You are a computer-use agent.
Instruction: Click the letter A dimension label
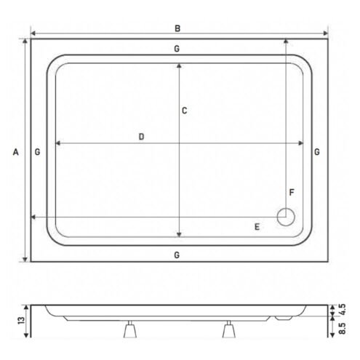point(16,152)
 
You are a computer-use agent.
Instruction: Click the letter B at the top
point(177,28)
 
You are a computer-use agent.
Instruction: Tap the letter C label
point(184,111)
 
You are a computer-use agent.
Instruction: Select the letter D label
point(141,137)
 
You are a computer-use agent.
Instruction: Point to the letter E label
point(257,227)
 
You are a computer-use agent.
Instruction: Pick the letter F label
point(292,193)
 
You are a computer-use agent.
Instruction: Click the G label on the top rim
point(177,49)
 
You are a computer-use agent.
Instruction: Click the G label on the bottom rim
point(177,255)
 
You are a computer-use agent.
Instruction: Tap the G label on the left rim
point(37,152)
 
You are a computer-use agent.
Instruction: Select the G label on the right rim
point(317,152)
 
